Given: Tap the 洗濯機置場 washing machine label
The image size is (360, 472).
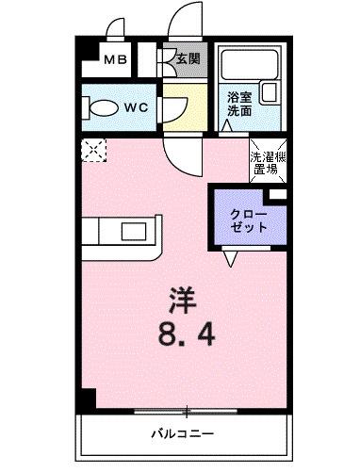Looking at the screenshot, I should click(264, 164).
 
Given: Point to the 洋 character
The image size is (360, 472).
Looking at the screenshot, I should click(182, 301).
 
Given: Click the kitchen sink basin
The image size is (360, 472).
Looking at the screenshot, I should click(129, 233).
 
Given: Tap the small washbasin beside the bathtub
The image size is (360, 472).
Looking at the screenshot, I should click(270, 92).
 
